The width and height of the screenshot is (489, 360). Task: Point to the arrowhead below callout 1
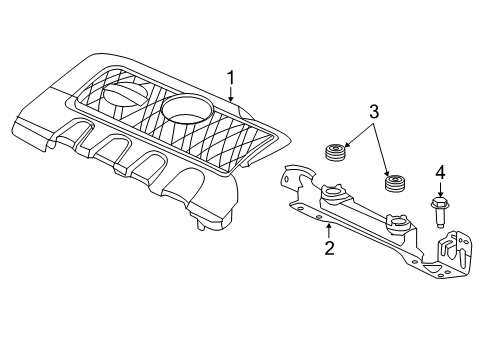tap(230, 103)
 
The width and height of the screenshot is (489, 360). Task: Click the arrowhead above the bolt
tap(438, 197)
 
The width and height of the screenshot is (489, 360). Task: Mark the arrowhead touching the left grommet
tap(349, 149)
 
